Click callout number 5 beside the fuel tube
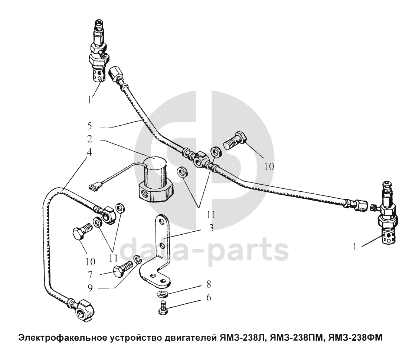(90, 126)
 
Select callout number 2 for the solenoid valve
(90, 139)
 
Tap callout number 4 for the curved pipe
(89, 152)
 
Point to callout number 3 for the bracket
(211, 228)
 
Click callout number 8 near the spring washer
(209, 284)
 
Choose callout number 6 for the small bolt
(209, 297)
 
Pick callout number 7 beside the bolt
(90, 275)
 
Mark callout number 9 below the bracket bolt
(90, 288)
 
